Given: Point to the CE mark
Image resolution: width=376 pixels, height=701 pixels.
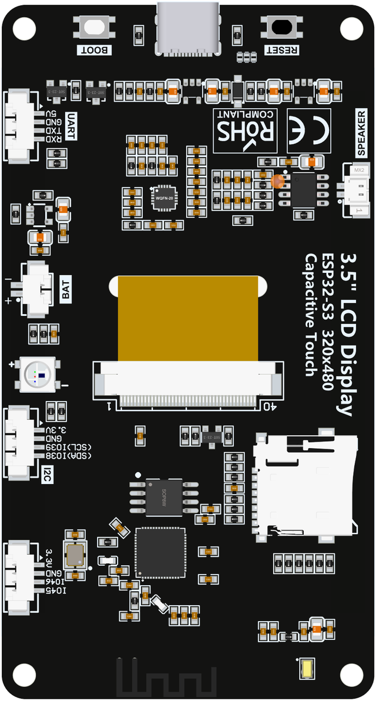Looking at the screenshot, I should point(309,130).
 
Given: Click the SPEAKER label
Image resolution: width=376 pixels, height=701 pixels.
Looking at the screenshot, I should point(362,133).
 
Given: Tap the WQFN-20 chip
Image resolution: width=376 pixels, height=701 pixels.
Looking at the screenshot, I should point(163,199).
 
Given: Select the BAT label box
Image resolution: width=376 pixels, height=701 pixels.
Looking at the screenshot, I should point(66,289).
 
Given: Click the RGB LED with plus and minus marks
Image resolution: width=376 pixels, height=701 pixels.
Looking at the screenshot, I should point(38,374).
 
